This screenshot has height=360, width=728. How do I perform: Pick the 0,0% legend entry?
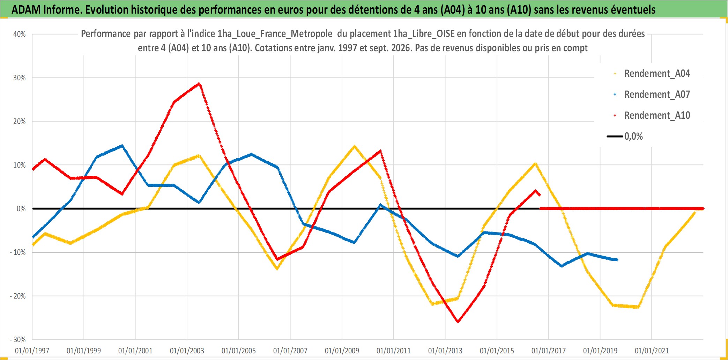pyautogui.click(x=625, y=136)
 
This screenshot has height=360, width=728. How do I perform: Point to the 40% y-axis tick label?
pyautogui.click(x=20, y=34)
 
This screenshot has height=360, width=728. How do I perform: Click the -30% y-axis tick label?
pyautogui.click(x=18, y=339)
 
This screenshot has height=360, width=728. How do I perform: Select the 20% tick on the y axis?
pyautogui.click(x=20, y=122)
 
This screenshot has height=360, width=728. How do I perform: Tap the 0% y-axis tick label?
pyautogui.click(x=21, y=209)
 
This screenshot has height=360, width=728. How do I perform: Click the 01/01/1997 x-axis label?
pyautogui.click(x=32, y=351)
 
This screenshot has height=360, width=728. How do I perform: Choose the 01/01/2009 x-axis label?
pyautogui.click(x=342, y=351)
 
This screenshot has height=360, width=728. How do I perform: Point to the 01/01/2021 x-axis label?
pyautogui.click(x=652, y=351)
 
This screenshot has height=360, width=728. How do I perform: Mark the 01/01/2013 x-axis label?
pyautogui.click(x=445, y=351)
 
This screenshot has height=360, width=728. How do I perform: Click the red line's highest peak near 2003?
pyautogui.click(x=199, y=84)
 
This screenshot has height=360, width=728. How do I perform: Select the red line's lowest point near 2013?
pyautogui.click(x=458, y=322)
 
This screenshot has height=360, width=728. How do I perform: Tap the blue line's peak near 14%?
pyautogui.click(x=121, y=146)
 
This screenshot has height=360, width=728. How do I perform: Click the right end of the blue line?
pyautogui.click(x=617, y=259)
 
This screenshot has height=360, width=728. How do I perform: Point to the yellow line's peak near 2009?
pyautogui.click(x=354, y=146)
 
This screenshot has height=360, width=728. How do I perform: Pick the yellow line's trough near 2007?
pyautogui.click(x=277, y=269)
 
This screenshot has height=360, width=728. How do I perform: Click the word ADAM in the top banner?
pyautogui.click(x=26, y=9)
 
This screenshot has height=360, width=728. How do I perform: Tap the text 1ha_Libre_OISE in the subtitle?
pyautogui.click(x=424, y=34)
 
